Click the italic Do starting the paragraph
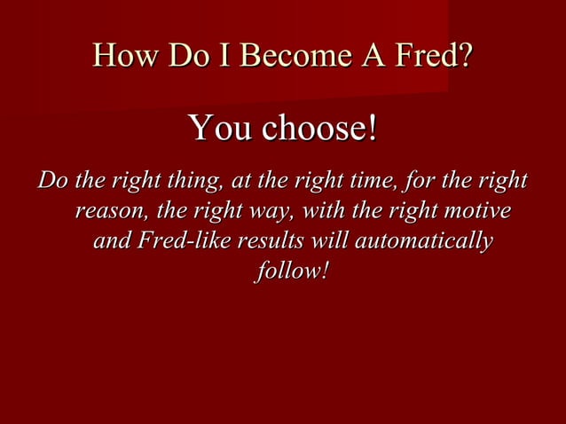[52, 182]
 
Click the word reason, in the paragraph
[108, 212]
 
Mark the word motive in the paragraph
[476, 212]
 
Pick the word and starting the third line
[110, 241]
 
